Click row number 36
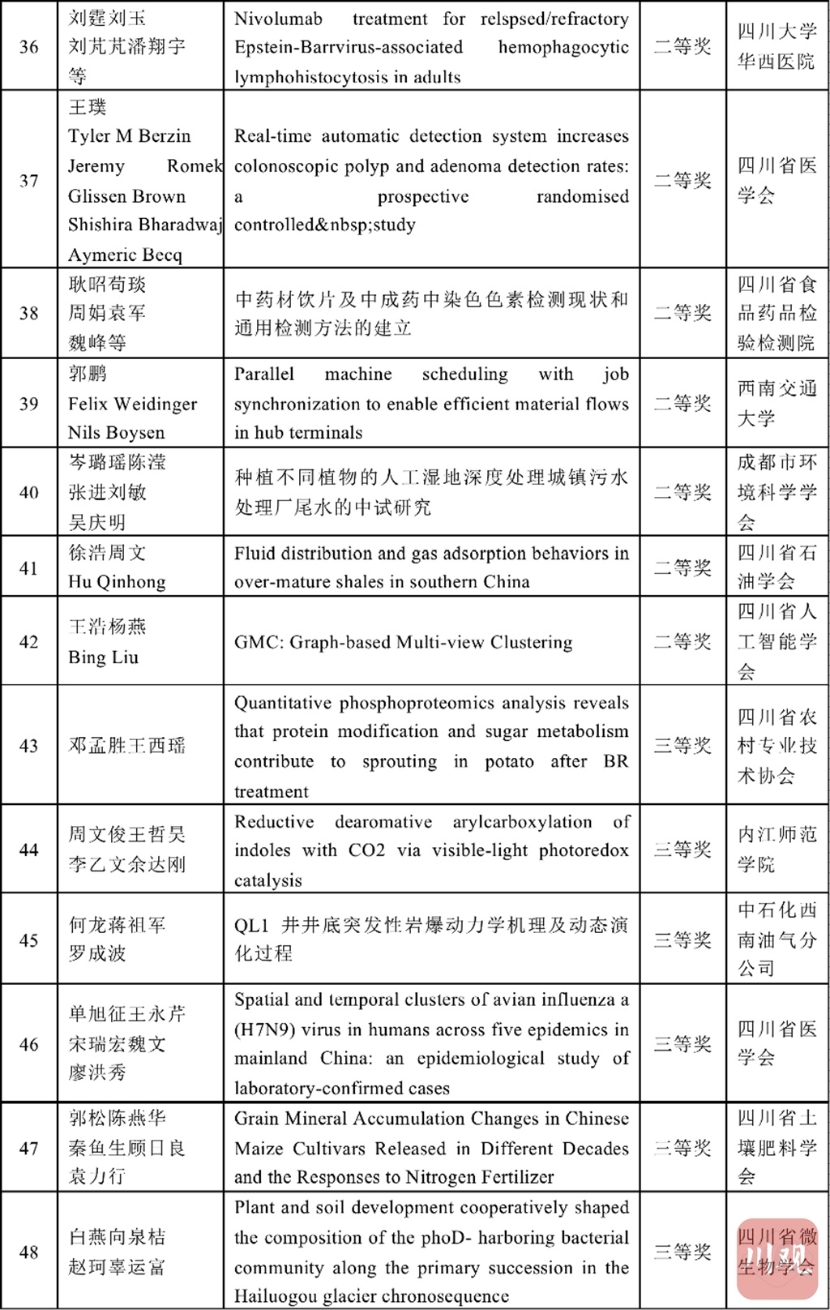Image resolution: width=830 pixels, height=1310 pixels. pyautogui.click(x=29, y=47)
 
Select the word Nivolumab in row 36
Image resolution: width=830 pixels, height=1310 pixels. pyautogui.click(x=278, y=19)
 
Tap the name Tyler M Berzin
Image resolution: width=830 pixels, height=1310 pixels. pyautogui.click(x=130, y=136)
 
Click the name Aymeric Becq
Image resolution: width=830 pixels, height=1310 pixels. pyautogui.click(x=125, y=255)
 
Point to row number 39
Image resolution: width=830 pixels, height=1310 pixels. pyautogui.click(x=29, y=404)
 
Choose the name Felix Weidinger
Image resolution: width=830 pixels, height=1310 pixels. pyautogui.click(x=132, y=404)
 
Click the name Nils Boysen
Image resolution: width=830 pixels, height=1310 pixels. pyautogui.click(x=116, y=433)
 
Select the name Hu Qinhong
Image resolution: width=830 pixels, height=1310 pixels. pyautogui.click(x=117, y=582)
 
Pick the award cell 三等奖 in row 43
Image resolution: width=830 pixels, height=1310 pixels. pyautogui.click(x=682, y=746)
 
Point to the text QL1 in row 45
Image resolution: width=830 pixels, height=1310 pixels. pyautogui.click(x=251, y=926)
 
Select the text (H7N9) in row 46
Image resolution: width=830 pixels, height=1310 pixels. pyautogui.click(x=264, y=1030)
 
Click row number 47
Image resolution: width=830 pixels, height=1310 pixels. pyautogui.click(x=29, y=1148)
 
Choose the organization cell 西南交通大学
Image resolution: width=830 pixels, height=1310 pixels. pyautogui.click(x=777, y=404)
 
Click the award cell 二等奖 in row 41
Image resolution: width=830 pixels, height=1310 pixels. pyautogui.click(x=682, y=567)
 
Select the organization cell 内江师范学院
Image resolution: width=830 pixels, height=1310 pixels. pyautogui.click(x=777, y=850)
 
